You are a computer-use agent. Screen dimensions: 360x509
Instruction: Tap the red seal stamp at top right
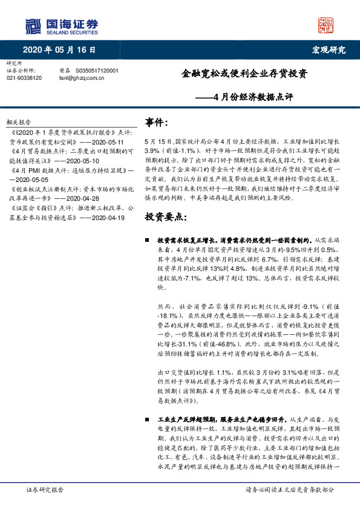(326, 25)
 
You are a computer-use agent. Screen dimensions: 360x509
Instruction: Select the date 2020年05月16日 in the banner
(59, 50)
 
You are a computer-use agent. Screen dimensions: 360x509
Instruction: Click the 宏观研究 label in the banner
(329, 50)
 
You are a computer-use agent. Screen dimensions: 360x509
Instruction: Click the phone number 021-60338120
(24, 78)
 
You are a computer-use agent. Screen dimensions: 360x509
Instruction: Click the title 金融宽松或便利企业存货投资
(244, 74)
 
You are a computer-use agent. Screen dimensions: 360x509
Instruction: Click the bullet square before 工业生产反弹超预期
(148, 418)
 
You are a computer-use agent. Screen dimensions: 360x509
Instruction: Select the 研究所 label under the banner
(13, 63)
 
